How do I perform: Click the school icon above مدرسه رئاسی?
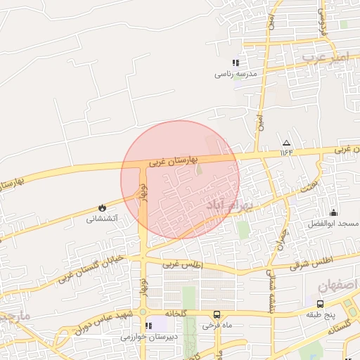236,63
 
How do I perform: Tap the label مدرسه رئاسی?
236,73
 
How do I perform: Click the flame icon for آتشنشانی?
102,208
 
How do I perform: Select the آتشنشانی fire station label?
102,219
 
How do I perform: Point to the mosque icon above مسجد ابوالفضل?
333,212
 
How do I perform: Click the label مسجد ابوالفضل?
333,223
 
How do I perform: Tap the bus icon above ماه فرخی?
217,314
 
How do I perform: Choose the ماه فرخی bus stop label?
217,325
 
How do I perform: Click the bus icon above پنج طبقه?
321,304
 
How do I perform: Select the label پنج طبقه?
321,314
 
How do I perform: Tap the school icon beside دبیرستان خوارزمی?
148,326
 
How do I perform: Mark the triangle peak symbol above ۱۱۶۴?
285,141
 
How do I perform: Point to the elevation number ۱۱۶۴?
285,151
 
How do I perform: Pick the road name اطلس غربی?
182,265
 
